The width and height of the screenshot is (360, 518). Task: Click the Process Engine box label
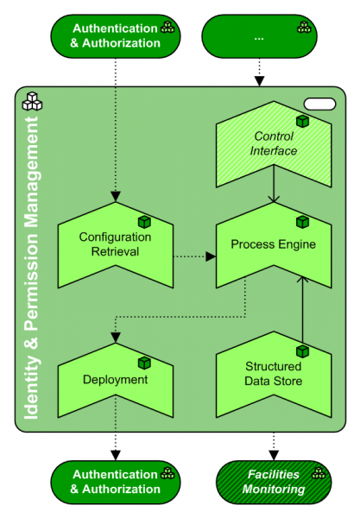(273, 244)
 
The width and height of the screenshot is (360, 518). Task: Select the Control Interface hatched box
(273, 144)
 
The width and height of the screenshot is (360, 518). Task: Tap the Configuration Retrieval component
(115, 244)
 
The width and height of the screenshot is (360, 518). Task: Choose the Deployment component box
(115, 379)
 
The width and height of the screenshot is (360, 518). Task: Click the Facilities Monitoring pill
(273, 481)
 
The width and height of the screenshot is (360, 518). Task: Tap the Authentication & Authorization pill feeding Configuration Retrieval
(116, 35)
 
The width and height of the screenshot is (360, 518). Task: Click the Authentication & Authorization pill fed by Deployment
(116, 481)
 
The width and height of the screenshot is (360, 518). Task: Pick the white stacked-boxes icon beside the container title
(32, 100)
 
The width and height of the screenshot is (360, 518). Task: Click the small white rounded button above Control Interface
(319, 104)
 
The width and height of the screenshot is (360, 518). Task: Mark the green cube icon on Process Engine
(302, 222)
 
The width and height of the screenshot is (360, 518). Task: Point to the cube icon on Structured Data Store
(302, 351)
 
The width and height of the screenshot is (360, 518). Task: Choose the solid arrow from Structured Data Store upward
(301, 311)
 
